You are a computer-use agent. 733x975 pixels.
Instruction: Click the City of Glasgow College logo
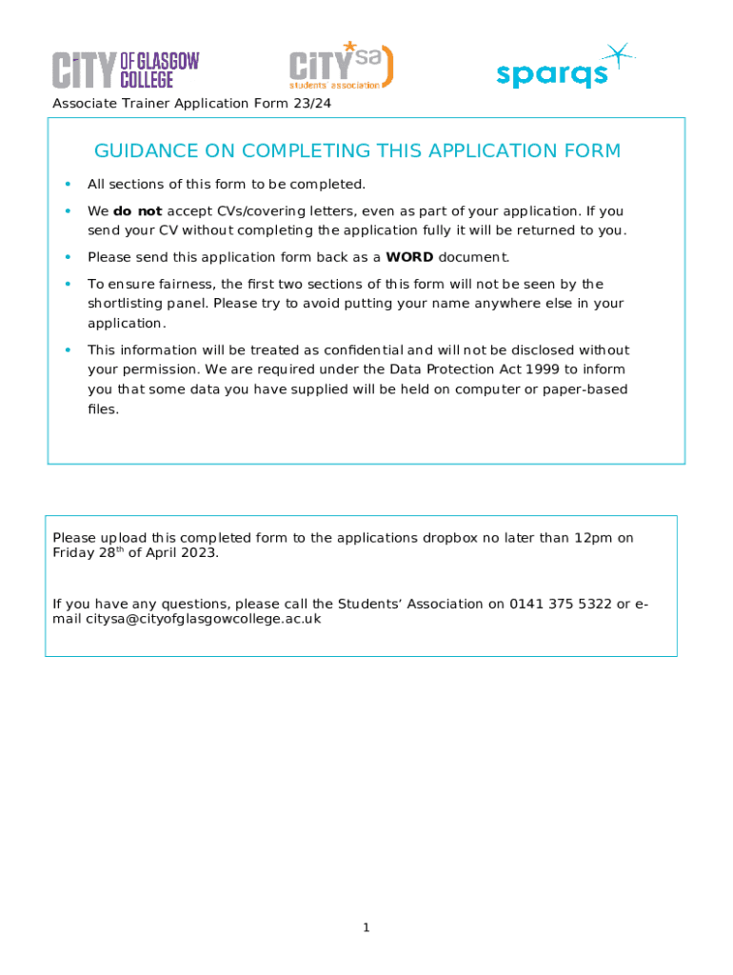pos(126,70)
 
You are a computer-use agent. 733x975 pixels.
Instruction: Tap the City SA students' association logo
pos(341,66)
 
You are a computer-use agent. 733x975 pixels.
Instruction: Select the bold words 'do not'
pos(137,211)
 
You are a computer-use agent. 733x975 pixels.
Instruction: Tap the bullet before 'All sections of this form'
pos(68,184)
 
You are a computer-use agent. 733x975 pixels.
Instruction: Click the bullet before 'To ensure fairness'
pos(68,284)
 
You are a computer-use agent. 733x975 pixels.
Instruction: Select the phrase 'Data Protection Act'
pos(436,369)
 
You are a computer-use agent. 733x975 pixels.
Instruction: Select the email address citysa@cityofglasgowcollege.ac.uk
pos(204,619)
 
